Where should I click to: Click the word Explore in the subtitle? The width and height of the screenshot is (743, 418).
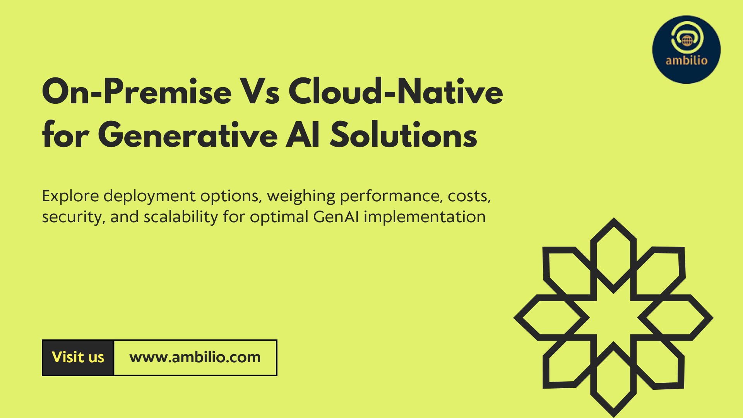[x=70, y=196]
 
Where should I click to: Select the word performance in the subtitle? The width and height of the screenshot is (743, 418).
[x=391, y=196]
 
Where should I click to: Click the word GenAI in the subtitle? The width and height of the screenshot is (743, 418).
[x=336, y=217]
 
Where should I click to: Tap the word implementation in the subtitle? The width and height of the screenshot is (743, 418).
[x=425, y=217]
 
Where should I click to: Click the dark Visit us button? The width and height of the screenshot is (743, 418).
[x=78, y=358]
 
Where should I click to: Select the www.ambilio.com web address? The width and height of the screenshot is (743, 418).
[x=195, y=357]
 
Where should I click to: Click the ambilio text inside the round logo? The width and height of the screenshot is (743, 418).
[x=687, y=60]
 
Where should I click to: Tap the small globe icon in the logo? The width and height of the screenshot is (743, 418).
[x=687, y=40]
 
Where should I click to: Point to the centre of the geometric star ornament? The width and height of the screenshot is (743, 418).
[x=613, y=317]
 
